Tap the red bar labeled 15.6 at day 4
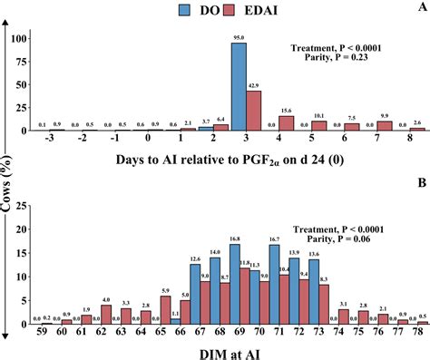[285, 122]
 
